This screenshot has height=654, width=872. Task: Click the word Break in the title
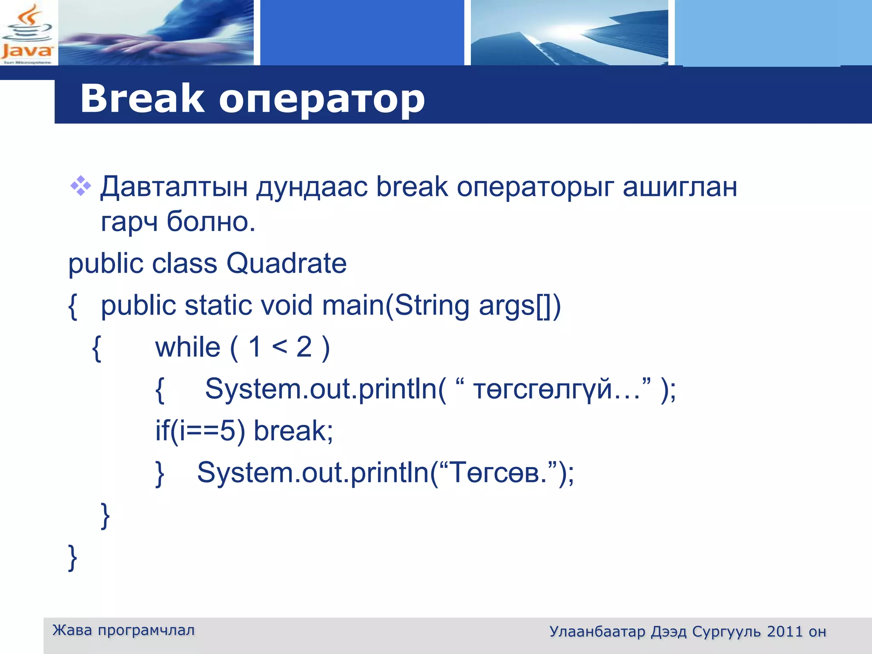(x=142, y=99)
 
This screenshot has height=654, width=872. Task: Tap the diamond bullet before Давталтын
(x=80, y=186)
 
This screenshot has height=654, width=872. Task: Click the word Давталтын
(x=174, y=187)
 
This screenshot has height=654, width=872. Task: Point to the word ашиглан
(x=680, y=187)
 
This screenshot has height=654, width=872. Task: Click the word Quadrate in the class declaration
(x=286, y=264)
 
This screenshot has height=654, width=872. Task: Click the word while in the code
(x=188, y=347)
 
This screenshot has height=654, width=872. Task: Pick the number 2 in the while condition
(x=304, y=347)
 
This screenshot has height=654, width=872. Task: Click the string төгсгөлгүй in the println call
(x=542, y=389)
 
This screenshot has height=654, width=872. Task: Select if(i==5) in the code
(x=200, y=431)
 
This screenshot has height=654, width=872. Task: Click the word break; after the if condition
(x=293, y=431)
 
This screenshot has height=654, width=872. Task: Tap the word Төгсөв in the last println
(x=496, y=473)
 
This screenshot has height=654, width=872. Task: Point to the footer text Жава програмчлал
(x=123, y=630)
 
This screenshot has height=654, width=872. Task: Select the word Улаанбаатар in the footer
(x=597, y=631)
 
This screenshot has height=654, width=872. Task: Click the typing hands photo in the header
(x=156, y=33)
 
